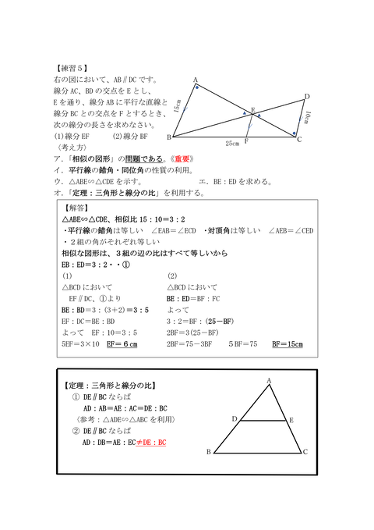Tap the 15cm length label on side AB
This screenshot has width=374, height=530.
[178, 106]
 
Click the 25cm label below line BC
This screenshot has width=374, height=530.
[232, 143]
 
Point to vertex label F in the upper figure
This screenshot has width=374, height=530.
[246, 142]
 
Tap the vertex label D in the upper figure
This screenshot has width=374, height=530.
[307, 97]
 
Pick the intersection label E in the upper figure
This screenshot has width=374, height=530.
[252, 109]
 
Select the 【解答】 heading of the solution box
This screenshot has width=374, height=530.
[76, 208]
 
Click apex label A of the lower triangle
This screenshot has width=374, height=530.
[269, 381]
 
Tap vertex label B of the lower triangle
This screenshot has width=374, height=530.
[208, 452]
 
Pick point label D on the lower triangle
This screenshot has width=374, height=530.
[234, 419]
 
